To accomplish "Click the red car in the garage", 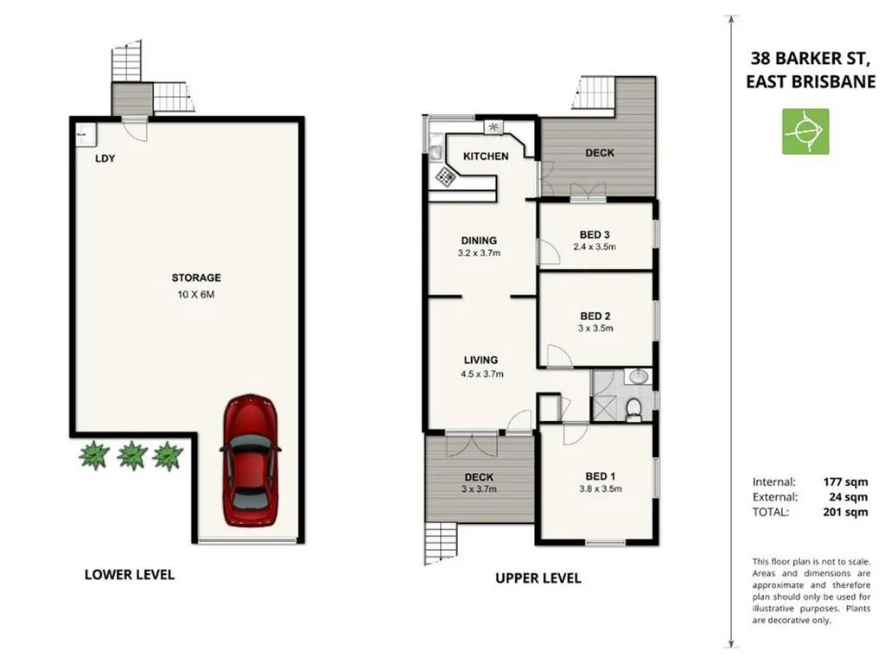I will pos(250,460).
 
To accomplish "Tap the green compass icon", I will pos(805,131).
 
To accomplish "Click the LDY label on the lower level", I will pos(105,158).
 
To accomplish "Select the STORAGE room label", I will pos(196,278).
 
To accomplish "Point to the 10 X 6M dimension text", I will pos(196,294).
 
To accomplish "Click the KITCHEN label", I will pos(487,156).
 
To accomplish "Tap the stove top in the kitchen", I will pos(445,176).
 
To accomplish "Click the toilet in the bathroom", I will pos(634,408).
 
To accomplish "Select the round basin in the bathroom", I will pos(637,377).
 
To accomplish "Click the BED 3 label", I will pos(595,234).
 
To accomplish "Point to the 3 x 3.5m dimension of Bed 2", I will pos(595,329).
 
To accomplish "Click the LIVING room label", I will pos(481,360).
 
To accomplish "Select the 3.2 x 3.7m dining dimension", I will pos(479,253).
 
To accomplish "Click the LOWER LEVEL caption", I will pos(129,574).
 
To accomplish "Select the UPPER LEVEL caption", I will pos(538,578).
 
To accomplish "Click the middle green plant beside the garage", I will pos(131,455).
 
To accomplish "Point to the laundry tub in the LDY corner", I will pos(85,133).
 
